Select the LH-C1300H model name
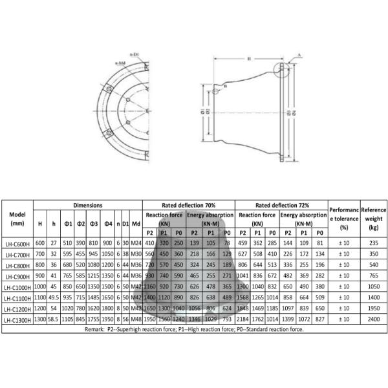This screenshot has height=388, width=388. [17, 319]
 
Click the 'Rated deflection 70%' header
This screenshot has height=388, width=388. [188, 204]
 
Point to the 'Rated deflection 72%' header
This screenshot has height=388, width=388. [281, 204]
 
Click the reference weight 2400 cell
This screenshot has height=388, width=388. [373, 319]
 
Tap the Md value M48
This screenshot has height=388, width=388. [136, 319]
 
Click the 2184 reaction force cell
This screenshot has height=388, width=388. [242, 319]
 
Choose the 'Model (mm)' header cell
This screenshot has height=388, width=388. [17, 219]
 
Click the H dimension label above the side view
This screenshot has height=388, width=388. [248, 59]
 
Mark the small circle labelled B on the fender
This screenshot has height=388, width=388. [224, 85]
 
